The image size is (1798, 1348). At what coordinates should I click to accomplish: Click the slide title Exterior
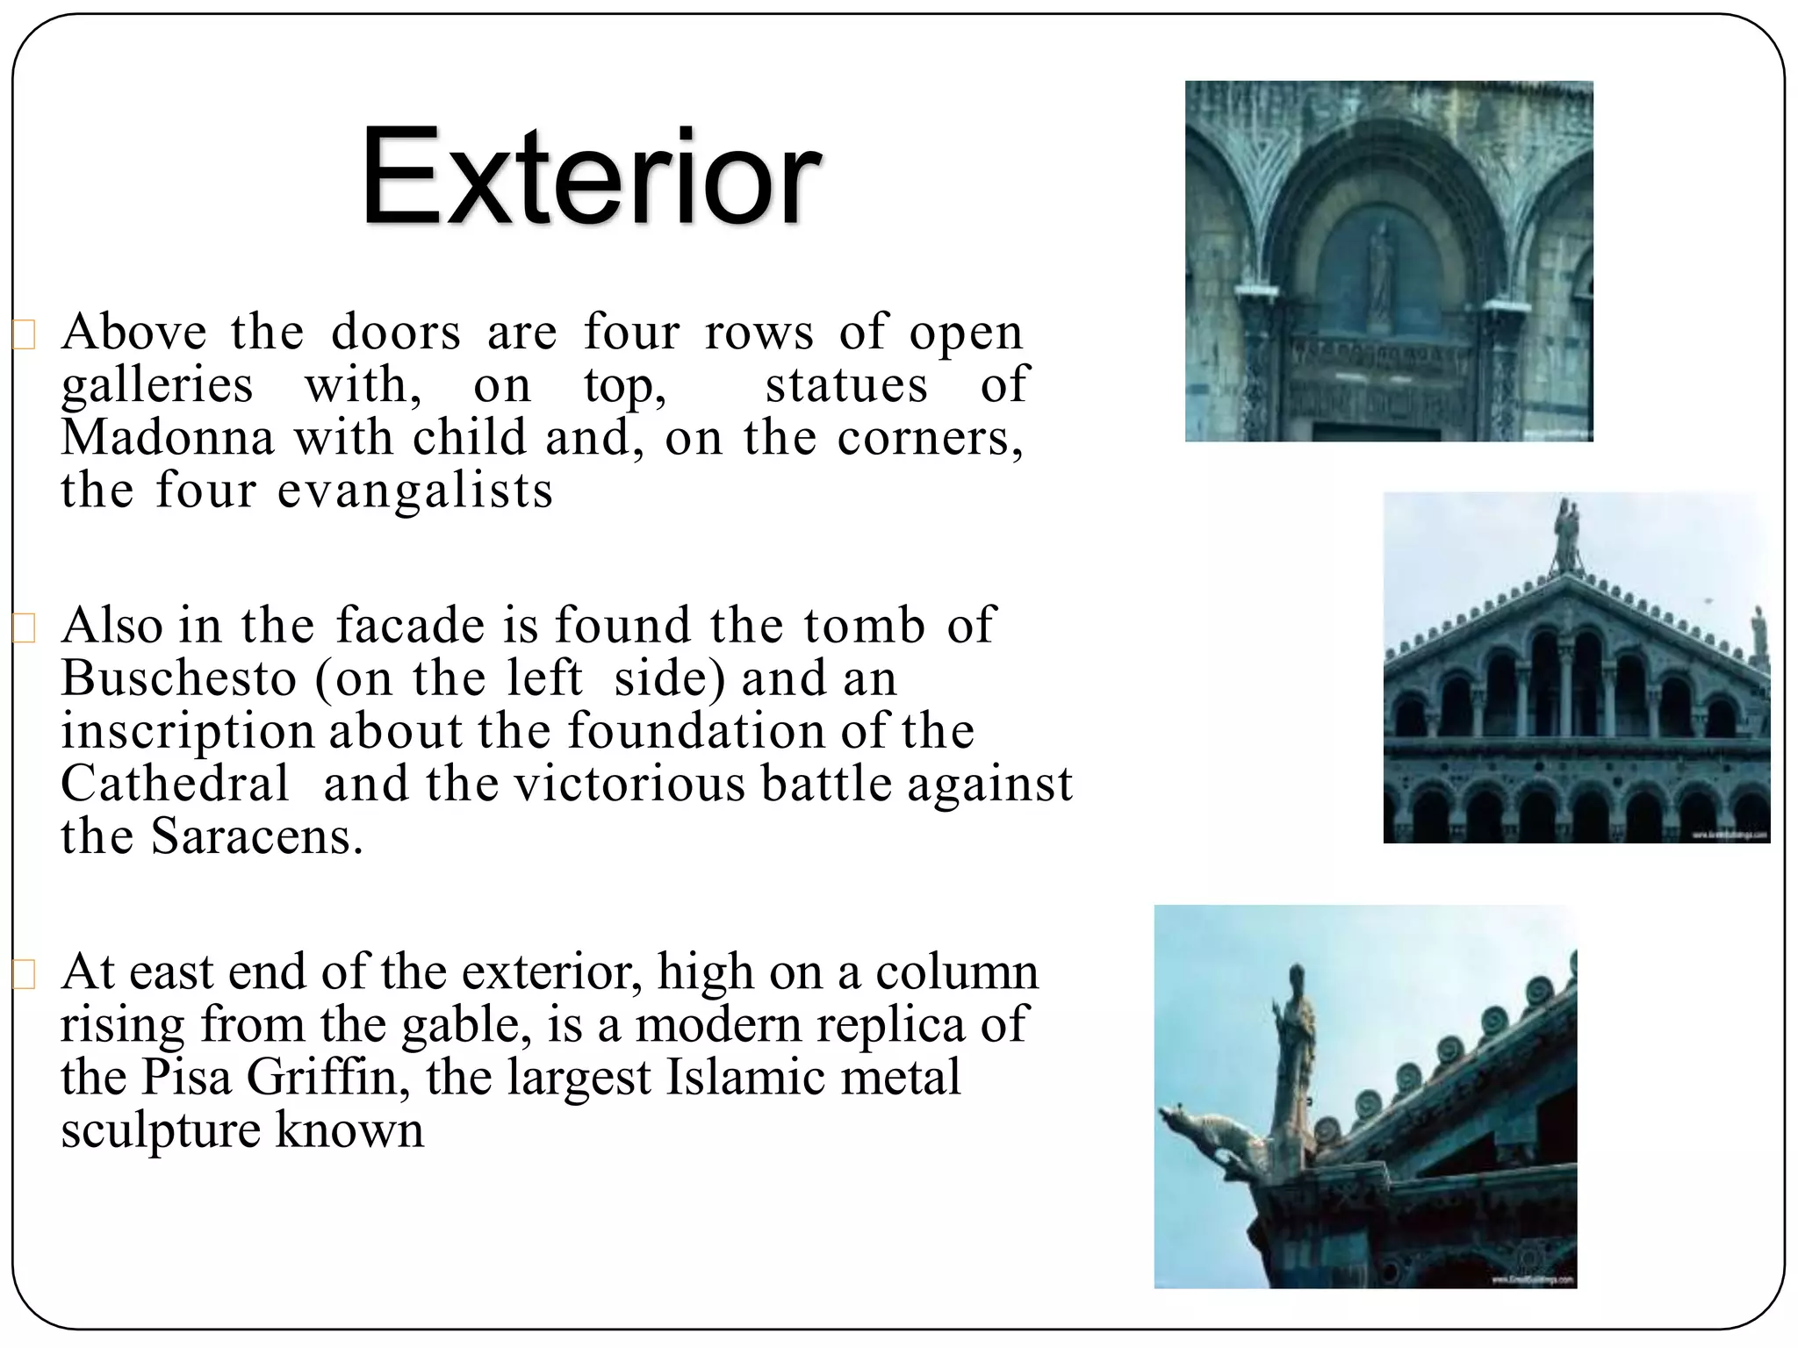[590, 179]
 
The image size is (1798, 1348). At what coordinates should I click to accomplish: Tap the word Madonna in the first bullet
[167, 437]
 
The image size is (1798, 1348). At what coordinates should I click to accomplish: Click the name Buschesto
[179, 678]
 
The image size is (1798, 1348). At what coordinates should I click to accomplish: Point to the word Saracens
[256, 836]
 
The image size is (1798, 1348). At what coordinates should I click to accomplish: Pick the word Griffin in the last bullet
[321, 1078]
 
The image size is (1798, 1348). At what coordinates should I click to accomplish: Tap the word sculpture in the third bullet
[159, 1130]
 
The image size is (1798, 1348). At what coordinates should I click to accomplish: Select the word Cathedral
[174, 784]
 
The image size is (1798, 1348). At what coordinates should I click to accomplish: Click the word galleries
[157, 384]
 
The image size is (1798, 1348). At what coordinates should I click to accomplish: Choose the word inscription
[187, 731]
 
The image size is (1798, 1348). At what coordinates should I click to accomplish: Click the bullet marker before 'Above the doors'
[24, 335]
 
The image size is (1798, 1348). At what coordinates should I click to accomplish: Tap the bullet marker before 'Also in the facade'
[24, 628]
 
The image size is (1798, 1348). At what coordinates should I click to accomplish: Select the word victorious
[629, 784]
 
